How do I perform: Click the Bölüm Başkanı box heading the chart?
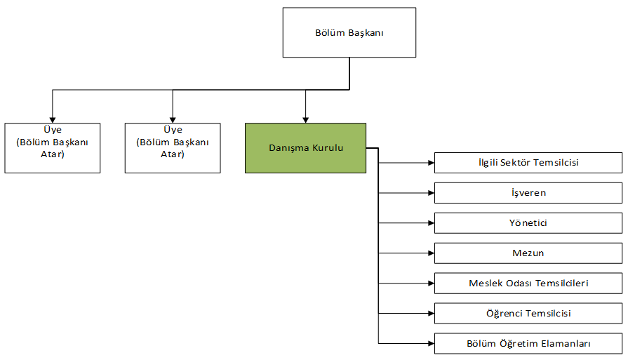[349, 32]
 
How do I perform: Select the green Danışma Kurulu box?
[305, 148]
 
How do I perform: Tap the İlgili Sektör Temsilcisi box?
[528, 163]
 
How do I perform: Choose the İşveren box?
[528, 193]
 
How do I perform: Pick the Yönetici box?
[528, 223]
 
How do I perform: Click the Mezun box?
[528, 253]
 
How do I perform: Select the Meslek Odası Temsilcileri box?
[528, 284]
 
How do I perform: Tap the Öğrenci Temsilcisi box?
[528, 314]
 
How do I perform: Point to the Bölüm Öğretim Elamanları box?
[528, 344]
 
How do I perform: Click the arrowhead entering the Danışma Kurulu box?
[305, 119]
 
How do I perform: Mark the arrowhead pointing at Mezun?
[430, 253]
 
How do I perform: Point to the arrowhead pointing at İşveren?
[430, 193]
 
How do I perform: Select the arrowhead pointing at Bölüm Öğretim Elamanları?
[430, 344]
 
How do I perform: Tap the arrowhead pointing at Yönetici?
[430, 223]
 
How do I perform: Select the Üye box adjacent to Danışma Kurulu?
[172, 148]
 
